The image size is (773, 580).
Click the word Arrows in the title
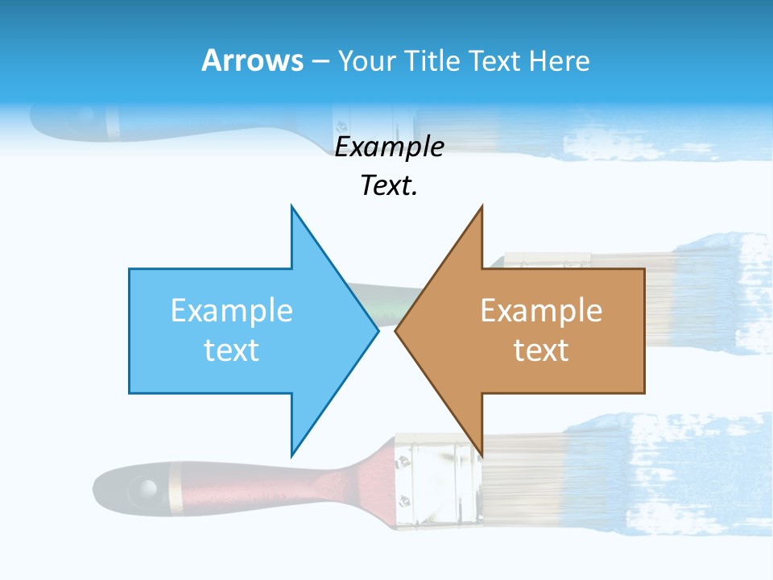[252, 60]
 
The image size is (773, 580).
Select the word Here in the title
[558, 60]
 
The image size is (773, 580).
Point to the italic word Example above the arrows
[389, 147]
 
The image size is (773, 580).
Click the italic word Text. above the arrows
[389, 186]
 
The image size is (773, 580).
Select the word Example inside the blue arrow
[232, 311]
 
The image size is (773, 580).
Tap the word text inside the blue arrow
[232, 350]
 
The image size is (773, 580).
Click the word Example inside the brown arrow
[541, 311]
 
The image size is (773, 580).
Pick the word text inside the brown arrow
[541, 350]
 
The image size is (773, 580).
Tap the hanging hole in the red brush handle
[146, 487]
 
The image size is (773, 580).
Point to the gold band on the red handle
[176, 487]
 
